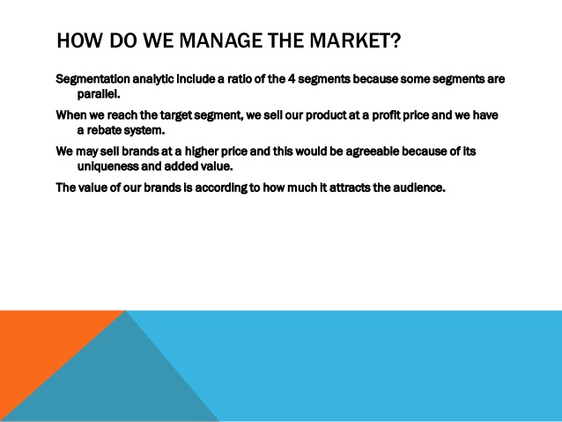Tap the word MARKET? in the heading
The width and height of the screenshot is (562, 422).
(355, 41)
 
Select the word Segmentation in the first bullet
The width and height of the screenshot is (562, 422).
(92, 79)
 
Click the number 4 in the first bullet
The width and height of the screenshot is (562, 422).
(292, 78)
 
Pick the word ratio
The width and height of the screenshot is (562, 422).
(240, 78)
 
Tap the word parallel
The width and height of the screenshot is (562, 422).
(99, 94)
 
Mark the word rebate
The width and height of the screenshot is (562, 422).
(104, 130)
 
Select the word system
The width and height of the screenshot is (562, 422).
(144, 131)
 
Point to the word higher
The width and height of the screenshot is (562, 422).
(202, 152)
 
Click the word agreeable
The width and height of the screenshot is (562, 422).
(373, 152)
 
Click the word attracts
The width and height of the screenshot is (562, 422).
(350, 188)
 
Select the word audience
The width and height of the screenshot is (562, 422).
(419, 188)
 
